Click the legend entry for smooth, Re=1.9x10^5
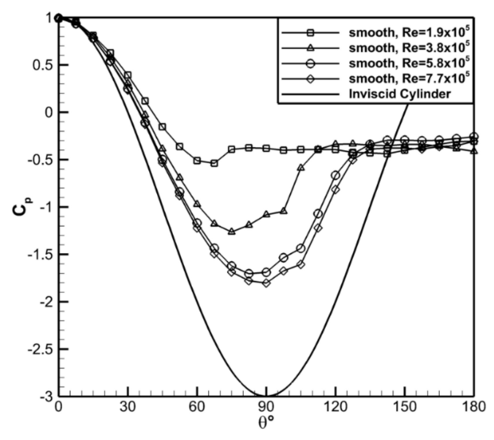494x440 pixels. (407, 32)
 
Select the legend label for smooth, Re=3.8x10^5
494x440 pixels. (407, 48)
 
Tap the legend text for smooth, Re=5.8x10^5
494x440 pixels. (407, 63)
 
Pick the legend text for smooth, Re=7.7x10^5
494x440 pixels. (407, 78)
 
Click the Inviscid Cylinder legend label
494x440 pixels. (400, 94)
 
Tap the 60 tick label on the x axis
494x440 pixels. (197, 407)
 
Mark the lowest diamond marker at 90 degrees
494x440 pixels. (266, 283)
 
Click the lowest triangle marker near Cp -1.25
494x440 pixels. (232, 232)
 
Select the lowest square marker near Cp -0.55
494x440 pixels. (214, 163)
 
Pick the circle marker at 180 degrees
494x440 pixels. (474, 137)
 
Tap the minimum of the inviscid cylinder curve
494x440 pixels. (266, 396)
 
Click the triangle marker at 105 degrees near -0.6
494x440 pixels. (301, 168)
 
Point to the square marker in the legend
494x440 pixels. (310, 33)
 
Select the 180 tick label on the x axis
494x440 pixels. (474, 407)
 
